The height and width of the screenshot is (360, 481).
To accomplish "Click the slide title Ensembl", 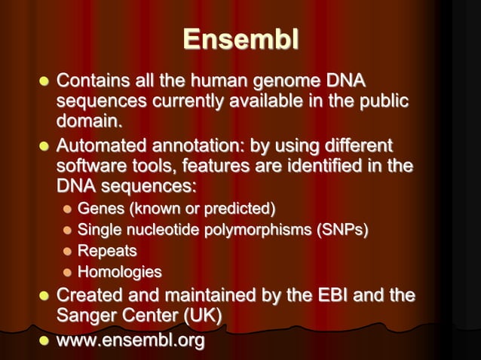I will [240, 40].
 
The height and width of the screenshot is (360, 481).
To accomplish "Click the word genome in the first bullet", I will [284, 80].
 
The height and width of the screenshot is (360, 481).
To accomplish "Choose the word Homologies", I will [120, 272].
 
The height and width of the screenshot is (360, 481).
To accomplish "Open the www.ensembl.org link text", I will [130, 341].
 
